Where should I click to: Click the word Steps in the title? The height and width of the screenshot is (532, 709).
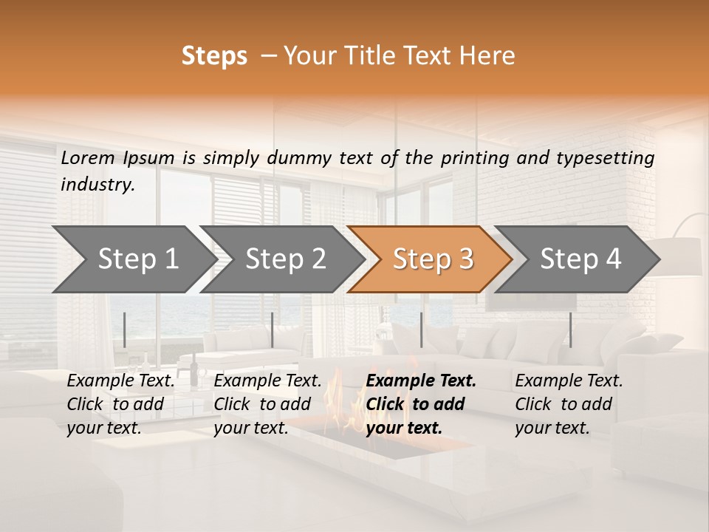click(x=214, y=56)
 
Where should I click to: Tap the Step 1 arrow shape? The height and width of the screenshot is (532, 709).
click(x=133, y=259)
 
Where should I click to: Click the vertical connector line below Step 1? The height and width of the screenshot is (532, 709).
click(x=125, y=330)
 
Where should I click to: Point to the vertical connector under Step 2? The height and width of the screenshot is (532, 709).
click(x=273, y=330)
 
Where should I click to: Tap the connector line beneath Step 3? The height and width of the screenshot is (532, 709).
click(x=421, y=330)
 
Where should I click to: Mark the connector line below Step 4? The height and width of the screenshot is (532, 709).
click(x=570, y=330)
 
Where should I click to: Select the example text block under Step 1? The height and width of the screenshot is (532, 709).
click(x=120, y=404)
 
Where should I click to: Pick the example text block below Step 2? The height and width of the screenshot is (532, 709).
click(x=267, y=404)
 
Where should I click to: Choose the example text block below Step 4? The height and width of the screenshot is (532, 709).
click(x=569, y=404)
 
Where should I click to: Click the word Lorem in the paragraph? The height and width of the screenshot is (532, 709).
click(x=88, y=158)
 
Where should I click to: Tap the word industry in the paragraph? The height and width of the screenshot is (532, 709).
click(x=97, y=185)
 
